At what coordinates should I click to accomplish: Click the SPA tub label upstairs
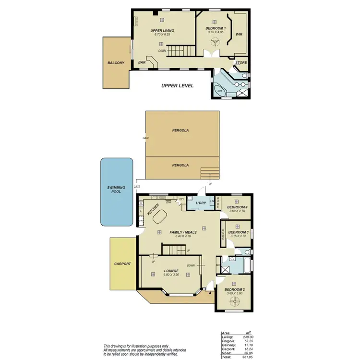[220, 90]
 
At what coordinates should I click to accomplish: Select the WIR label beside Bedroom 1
[239, 34]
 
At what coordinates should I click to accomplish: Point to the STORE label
[240, 63]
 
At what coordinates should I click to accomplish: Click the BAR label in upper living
[142, 62]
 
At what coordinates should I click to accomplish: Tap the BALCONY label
[116, 63]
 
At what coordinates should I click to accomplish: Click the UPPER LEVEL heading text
[177, 85]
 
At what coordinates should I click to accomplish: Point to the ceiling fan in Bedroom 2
[235, 301]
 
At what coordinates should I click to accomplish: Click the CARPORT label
[122, 264]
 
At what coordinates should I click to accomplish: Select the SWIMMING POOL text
[116, 189]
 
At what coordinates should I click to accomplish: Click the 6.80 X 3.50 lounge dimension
[171, 276]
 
